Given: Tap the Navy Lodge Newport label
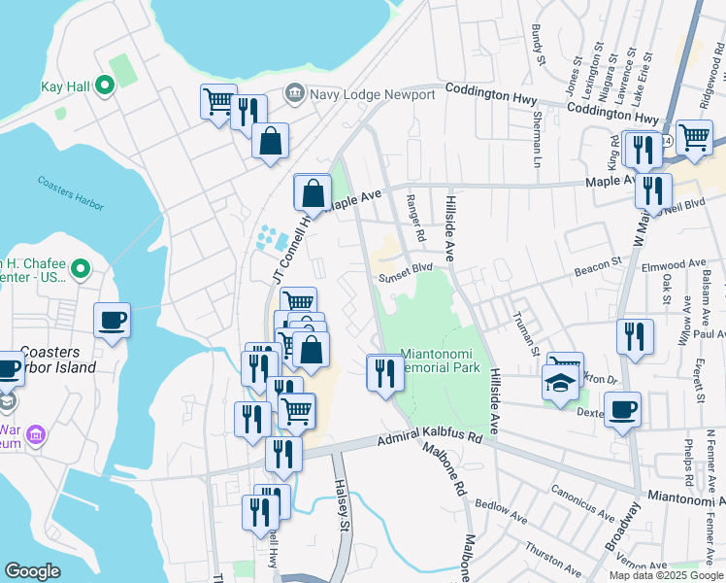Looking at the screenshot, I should [x=372, y=94].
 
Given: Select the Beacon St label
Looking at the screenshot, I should [x=597, y=263].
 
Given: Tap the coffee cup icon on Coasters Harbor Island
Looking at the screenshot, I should [x=113, y=320].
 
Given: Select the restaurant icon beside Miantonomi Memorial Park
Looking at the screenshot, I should [x=384, y=372].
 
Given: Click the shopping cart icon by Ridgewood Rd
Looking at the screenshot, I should [x=694, y=137].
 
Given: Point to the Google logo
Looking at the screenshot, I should [x=33, y=571].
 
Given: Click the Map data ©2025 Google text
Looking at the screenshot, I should [x=667, y=575].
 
